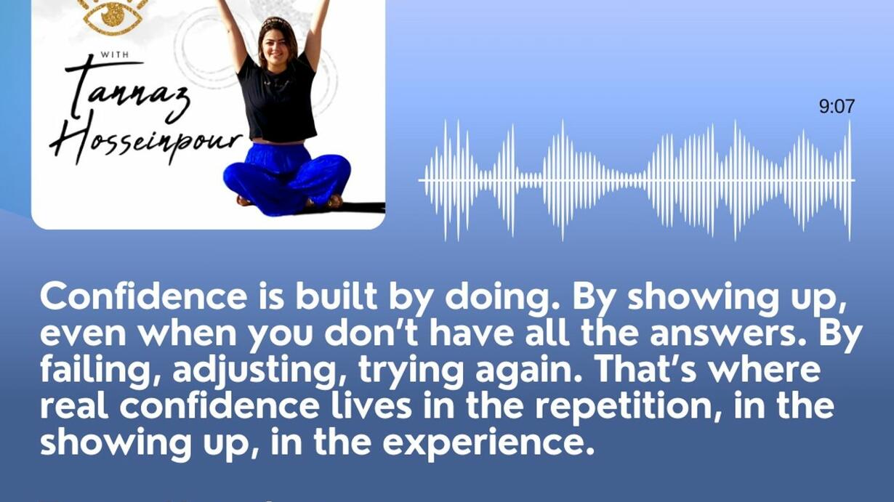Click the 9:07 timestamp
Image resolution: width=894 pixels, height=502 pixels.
pyautogui.click(x=837, y=107)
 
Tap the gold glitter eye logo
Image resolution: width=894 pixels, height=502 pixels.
pyautogui.click(x=113, y=16)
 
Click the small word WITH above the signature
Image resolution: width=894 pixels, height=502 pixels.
pyautogui.click(x=115, y=54)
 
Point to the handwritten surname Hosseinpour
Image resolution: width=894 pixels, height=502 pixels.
pyautogui.click(x=145, y=143)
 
